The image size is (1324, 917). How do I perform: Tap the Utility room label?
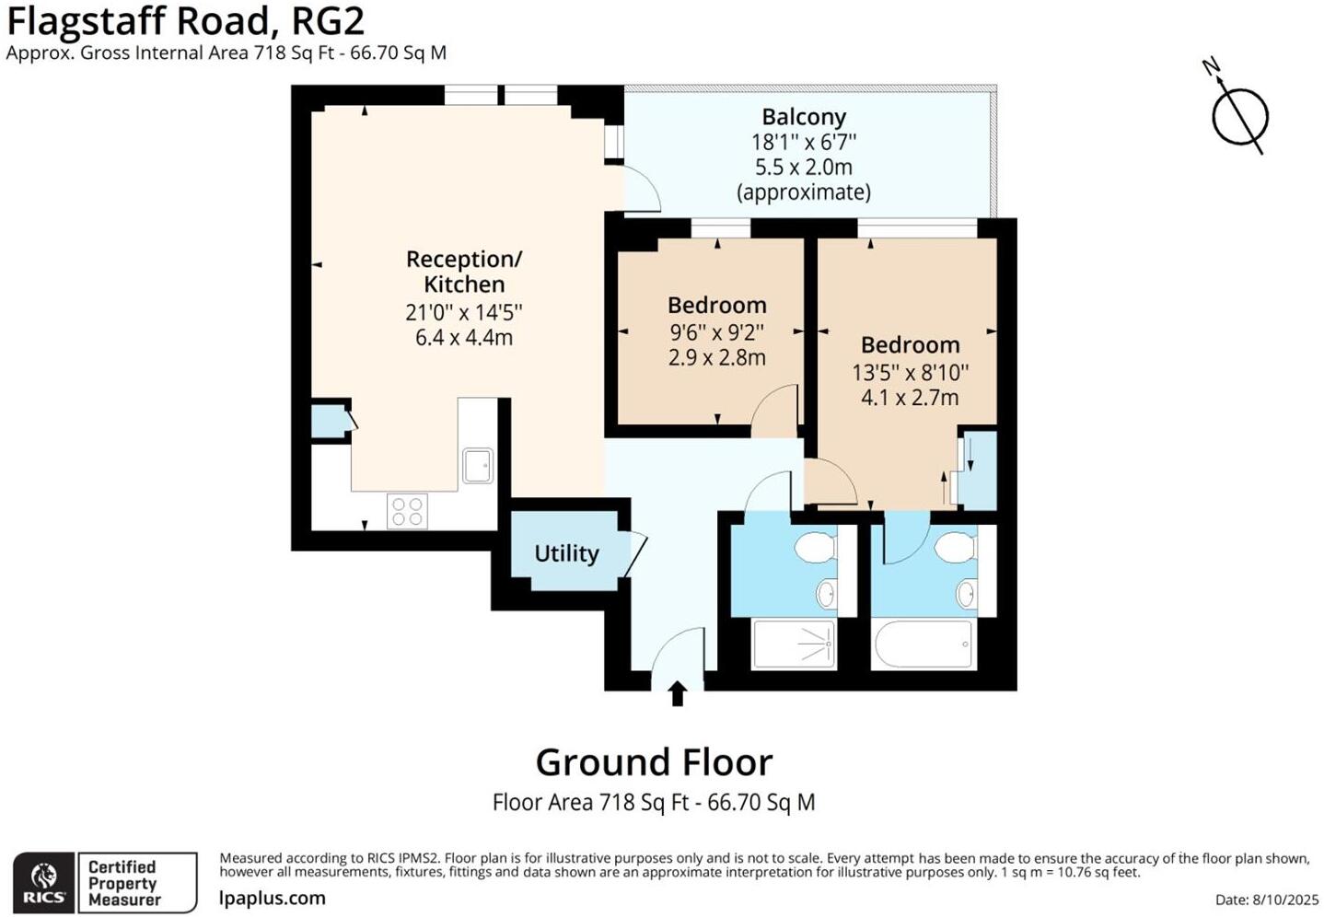pyautogui.click(x=566, y=553)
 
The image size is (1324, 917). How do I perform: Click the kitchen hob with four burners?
pyautogui.click(x=407, y=512)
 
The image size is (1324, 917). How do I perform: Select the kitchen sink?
pyautogui.click(x=477, y=466)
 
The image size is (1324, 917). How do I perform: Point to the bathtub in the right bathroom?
pyautogui.click(x=923, y=644)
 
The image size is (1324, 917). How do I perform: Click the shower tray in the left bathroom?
pyautogui.click(x=795, y=644)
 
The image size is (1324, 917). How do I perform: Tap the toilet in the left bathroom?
pyautogui.click(x=815, y=548)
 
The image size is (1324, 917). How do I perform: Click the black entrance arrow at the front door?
pyautogui.click(x=678, y=693)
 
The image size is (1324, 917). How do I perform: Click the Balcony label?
pyautogui.click(x=804, y=117)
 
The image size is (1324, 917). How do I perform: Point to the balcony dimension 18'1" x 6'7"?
pyautogui.click(x=804, y=142)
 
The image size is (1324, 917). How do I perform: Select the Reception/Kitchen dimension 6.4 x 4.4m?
pyautogui.click(x=464, y=337)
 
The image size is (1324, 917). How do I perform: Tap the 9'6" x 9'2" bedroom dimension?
pyautogui.click(x=716, y=331)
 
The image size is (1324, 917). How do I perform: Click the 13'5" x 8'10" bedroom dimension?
pyautogui.click(x=910, y=372)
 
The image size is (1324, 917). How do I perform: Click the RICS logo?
pyautogui.click(x=43, y=883)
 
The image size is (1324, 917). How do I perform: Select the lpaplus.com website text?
pyautogui.click(x=273, y=898)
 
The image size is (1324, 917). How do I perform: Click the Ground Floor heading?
pyautogui.click(x=654, y=762)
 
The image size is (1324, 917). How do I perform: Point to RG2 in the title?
pyautogui.click(x=327, y=21)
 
